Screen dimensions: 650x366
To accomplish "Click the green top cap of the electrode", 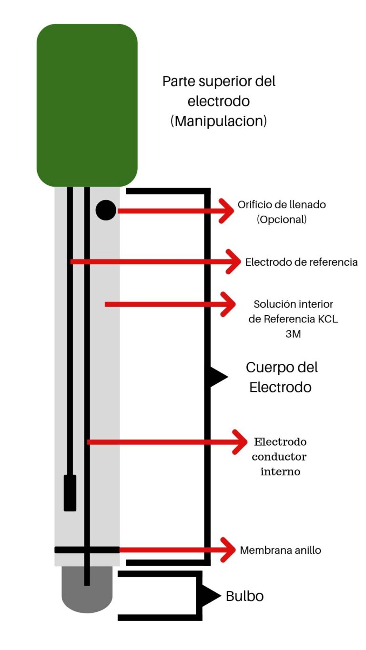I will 87,105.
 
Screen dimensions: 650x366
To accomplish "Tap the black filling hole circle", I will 106,210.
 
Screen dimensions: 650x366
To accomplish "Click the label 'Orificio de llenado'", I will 282,205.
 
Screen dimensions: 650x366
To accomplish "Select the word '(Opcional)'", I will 281,220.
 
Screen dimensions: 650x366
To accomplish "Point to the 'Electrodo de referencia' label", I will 301,262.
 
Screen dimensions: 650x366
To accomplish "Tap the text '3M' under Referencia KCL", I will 293,334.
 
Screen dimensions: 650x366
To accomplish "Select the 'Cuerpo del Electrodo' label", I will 281,377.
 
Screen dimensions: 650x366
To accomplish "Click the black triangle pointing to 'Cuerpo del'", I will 217,377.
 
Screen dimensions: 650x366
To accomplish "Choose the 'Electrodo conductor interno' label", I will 280,457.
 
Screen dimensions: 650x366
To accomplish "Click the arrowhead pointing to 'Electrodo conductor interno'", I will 240,442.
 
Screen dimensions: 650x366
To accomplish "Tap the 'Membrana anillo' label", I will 280,550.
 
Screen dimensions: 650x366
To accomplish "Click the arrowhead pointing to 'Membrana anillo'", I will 229,550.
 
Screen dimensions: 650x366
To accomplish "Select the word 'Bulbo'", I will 244,596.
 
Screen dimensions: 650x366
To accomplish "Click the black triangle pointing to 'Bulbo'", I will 210,596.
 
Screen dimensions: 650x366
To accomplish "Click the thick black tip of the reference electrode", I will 70,492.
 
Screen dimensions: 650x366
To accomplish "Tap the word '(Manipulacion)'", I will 218,121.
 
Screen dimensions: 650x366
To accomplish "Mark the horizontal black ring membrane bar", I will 87,550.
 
